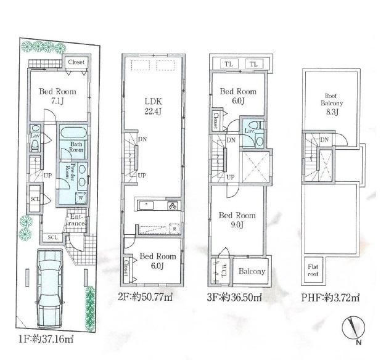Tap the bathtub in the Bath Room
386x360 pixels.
pyautogui.click(x=75, y=133)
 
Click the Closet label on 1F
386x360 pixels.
pyautogui.click(x=76, y=62)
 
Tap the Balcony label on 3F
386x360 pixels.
pyautogui.click(x=252, y=271)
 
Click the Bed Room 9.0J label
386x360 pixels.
pyautogui.click(x=237, y=220)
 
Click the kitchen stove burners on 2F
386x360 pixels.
pyautogui.click(x=174, y=206)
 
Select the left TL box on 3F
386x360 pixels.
pyautogui.click(x=228, y=64)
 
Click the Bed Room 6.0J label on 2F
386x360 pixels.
pyautogui.click(x=155, y=261)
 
